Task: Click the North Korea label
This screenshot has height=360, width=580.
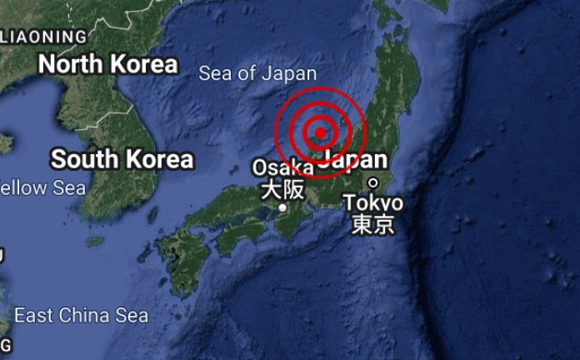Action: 108,64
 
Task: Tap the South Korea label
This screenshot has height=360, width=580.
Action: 122,159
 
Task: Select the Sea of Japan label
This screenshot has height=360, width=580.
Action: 257,73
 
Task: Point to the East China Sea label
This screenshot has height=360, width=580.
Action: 81,316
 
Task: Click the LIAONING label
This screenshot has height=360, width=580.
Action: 44,37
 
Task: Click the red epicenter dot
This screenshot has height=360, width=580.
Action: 320,132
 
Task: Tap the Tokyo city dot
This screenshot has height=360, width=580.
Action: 372,182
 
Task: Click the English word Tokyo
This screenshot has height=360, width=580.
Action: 372,202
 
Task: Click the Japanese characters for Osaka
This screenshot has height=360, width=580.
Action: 282,189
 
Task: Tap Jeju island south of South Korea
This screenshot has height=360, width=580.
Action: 94,242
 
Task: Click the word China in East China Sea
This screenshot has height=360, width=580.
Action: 84,316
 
